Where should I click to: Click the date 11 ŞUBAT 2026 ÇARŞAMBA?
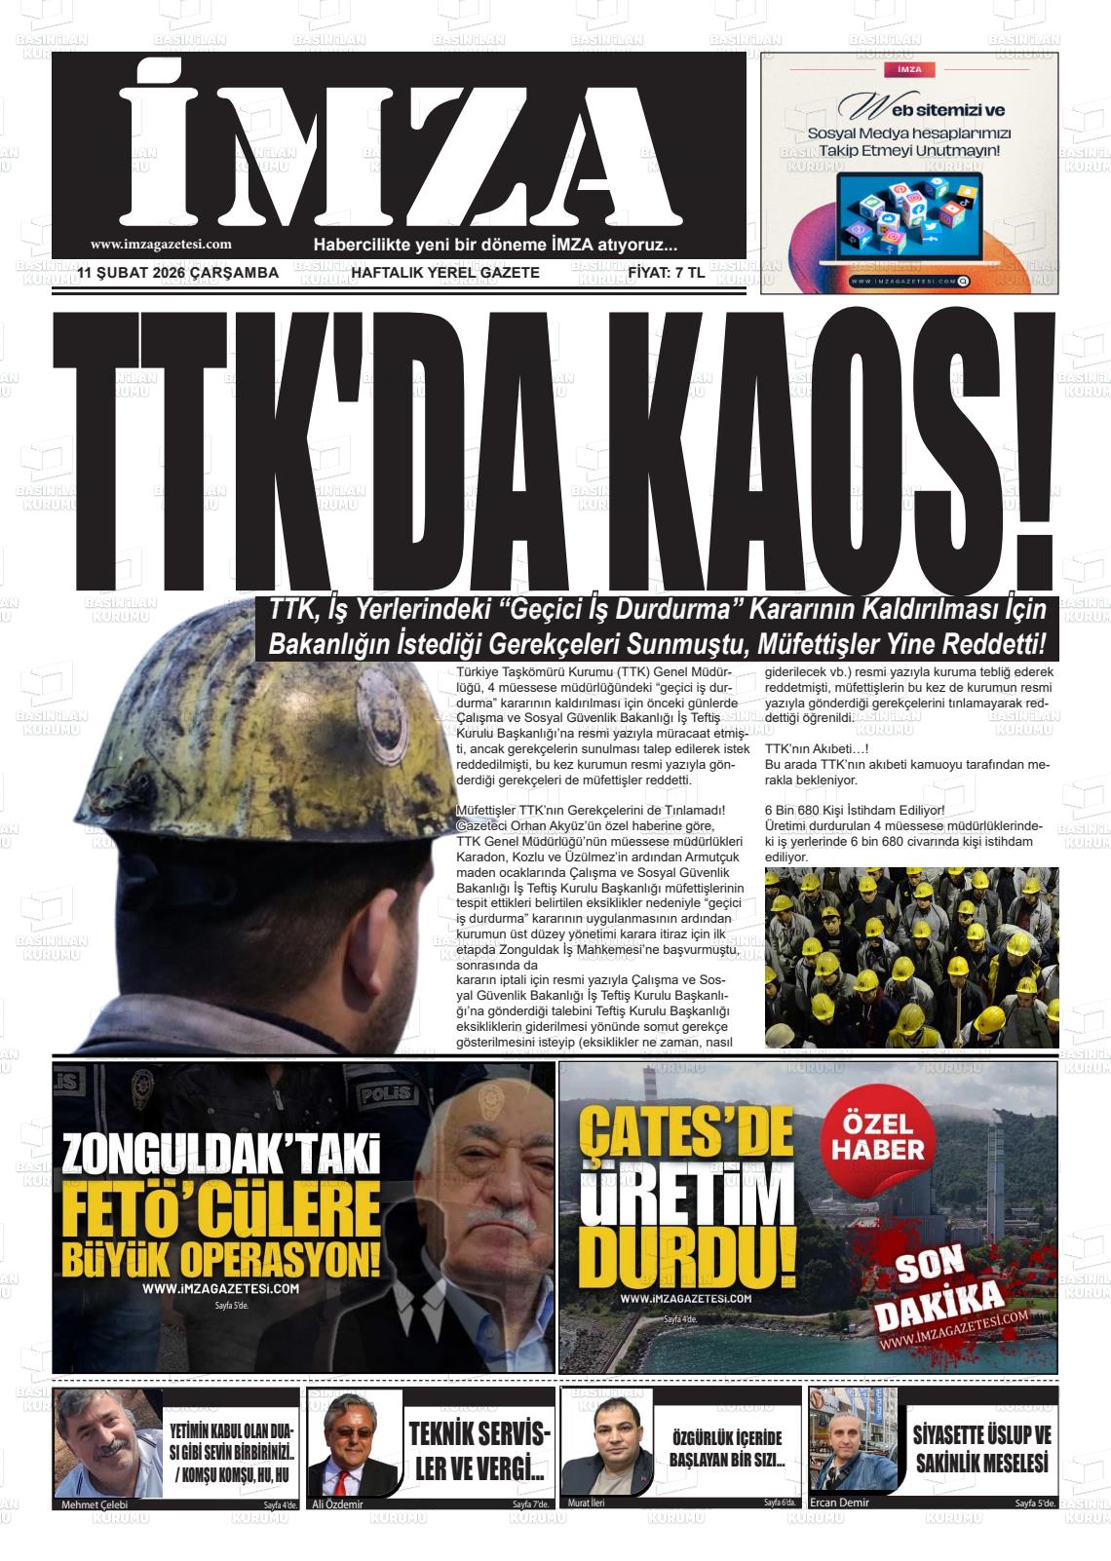pyautogui.click(x=178, y=273)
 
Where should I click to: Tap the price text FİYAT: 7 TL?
pyautogui.click(x=667, y=273)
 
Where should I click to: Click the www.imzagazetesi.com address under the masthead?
pyautogui.click(x=161, y=246)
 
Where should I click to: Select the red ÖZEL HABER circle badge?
pyautogui.click(x=877, y=1138)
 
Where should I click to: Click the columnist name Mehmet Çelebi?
pyautogui.click(x=95, y=1504)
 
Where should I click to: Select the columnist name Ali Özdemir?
pyautogui.click(x=337, y=1504)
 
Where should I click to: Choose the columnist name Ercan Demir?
pyautogui.click(x=839, y=1503)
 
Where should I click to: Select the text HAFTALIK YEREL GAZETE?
pyautogui.click(x=444, y=273)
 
